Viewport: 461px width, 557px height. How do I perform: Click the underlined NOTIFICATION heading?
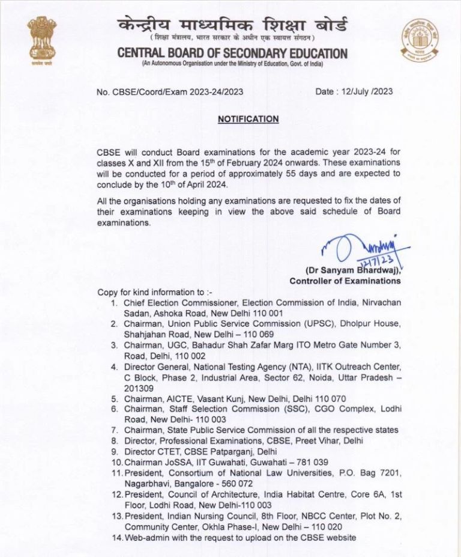(248, 119)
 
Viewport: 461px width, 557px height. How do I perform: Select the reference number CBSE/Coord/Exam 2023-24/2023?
(176, 92)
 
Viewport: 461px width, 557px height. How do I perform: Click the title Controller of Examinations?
(345, 281)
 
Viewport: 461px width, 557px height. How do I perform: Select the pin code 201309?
(139, 388)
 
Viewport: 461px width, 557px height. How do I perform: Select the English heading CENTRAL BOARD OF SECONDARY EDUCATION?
(232, 53)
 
